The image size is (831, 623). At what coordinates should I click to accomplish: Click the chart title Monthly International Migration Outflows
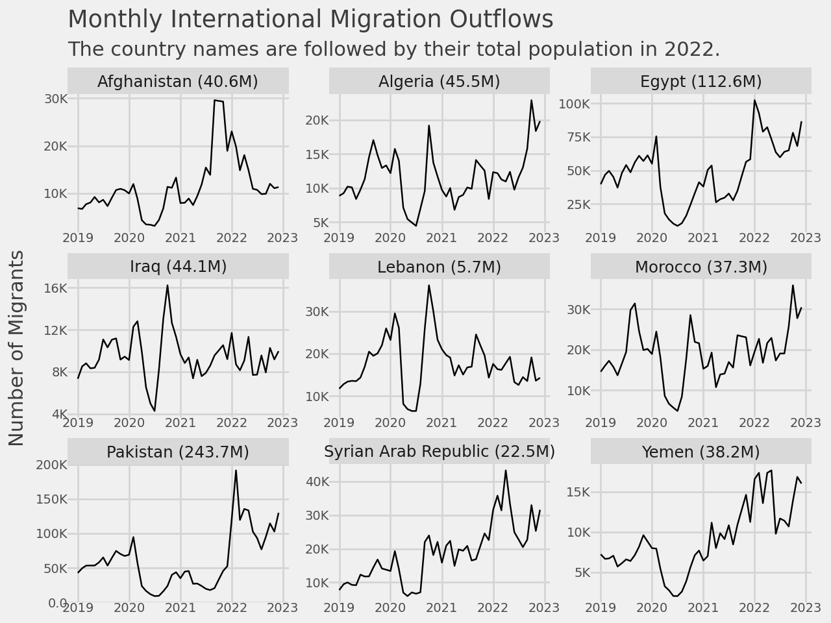(x=310, y=19)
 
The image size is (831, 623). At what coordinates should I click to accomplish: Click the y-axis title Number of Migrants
(x=16, y=348)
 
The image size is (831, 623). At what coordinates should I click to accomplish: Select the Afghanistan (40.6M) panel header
(x=178, y=82)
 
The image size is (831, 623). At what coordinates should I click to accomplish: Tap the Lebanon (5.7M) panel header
(x=439, y=267)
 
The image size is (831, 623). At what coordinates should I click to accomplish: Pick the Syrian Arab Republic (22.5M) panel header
(x=439, y=452)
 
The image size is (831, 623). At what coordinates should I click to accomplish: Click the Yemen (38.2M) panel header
(x=701, y=452)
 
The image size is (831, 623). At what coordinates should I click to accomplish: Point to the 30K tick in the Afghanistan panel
(x=55, y=99)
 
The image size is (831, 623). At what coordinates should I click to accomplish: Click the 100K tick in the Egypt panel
(x=575, y=104)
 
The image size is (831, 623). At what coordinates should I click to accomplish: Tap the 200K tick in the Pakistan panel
(x=51, y=465)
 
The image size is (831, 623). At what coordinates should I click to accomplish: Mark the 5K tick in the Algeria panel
(x=320, y=223)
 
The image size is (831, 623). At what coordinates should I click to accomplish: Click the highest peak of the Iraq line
(x=167, y=286)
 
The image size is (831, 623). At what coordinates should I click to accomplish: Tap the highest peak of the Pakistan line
(x=236, y=470)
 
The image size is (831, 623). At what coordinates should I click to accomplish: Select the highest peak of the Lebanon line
(x=428, y=286)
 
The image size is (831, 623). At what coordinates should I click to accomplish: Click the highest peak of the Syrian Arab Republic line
(x=506, y=470)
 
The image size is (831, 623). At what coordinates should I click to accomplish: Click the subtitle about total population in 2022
(x=394, y=49)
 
